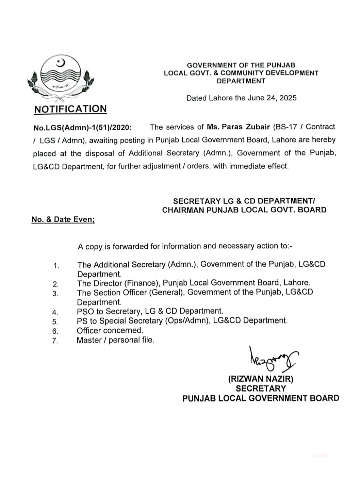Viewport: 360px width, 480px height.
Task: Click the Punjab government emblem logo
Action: (x=61, y=79)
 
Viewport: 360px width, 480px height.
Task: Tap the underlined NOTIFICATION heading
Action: (x=70, y=109)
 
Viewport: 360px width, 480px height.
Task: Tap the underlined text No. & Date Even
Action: (x=63, y=219)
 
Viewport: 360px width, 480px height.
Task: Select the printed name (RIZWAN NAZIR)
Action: (x=261, y=379)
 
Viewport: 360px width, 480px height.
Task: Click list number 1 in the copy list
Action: (x=56, y=266)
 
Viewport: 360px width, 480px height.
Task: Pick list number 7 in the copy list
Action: (x=55, y=341)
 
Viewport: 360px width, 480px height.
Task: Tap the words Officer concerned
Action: (x=110, y=330)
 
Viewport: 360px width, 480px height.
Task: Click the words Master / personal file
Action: (x=115, y=340)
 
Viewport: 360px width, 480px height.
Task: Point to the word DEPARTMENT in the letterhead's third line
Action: (x=241, y=81)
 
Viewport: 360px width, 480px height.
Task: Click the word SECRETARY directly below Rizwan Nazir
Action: (x=261, y=388)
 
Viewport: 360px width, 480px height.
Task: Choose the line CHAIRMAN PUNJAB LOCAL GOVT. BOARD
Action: (x=244, y=210)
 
